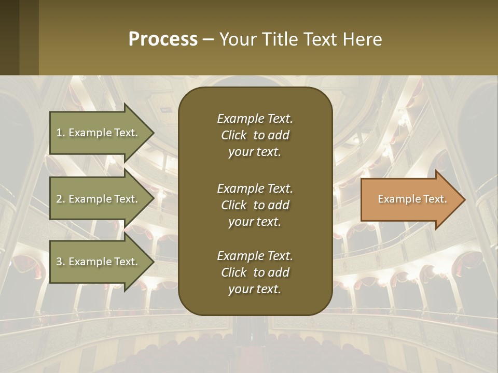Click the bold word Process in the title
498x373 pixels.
click(163, 39)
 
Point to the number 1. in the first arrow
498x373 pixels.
click(61, 133)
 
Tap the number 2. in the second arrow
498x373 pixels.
click(61, 199)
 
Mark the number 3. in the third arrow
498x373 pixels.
click(61, 262)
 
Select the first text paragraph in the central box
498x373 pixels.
click(255, 135)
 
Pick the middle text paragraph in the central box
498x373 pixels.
click(255, 205)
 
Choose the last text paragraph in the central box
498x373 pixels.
click(255, 272)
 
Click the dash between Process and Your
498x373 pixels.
click(209, 40)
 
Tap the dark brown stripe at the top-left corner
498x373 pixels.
click(9, 37)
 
